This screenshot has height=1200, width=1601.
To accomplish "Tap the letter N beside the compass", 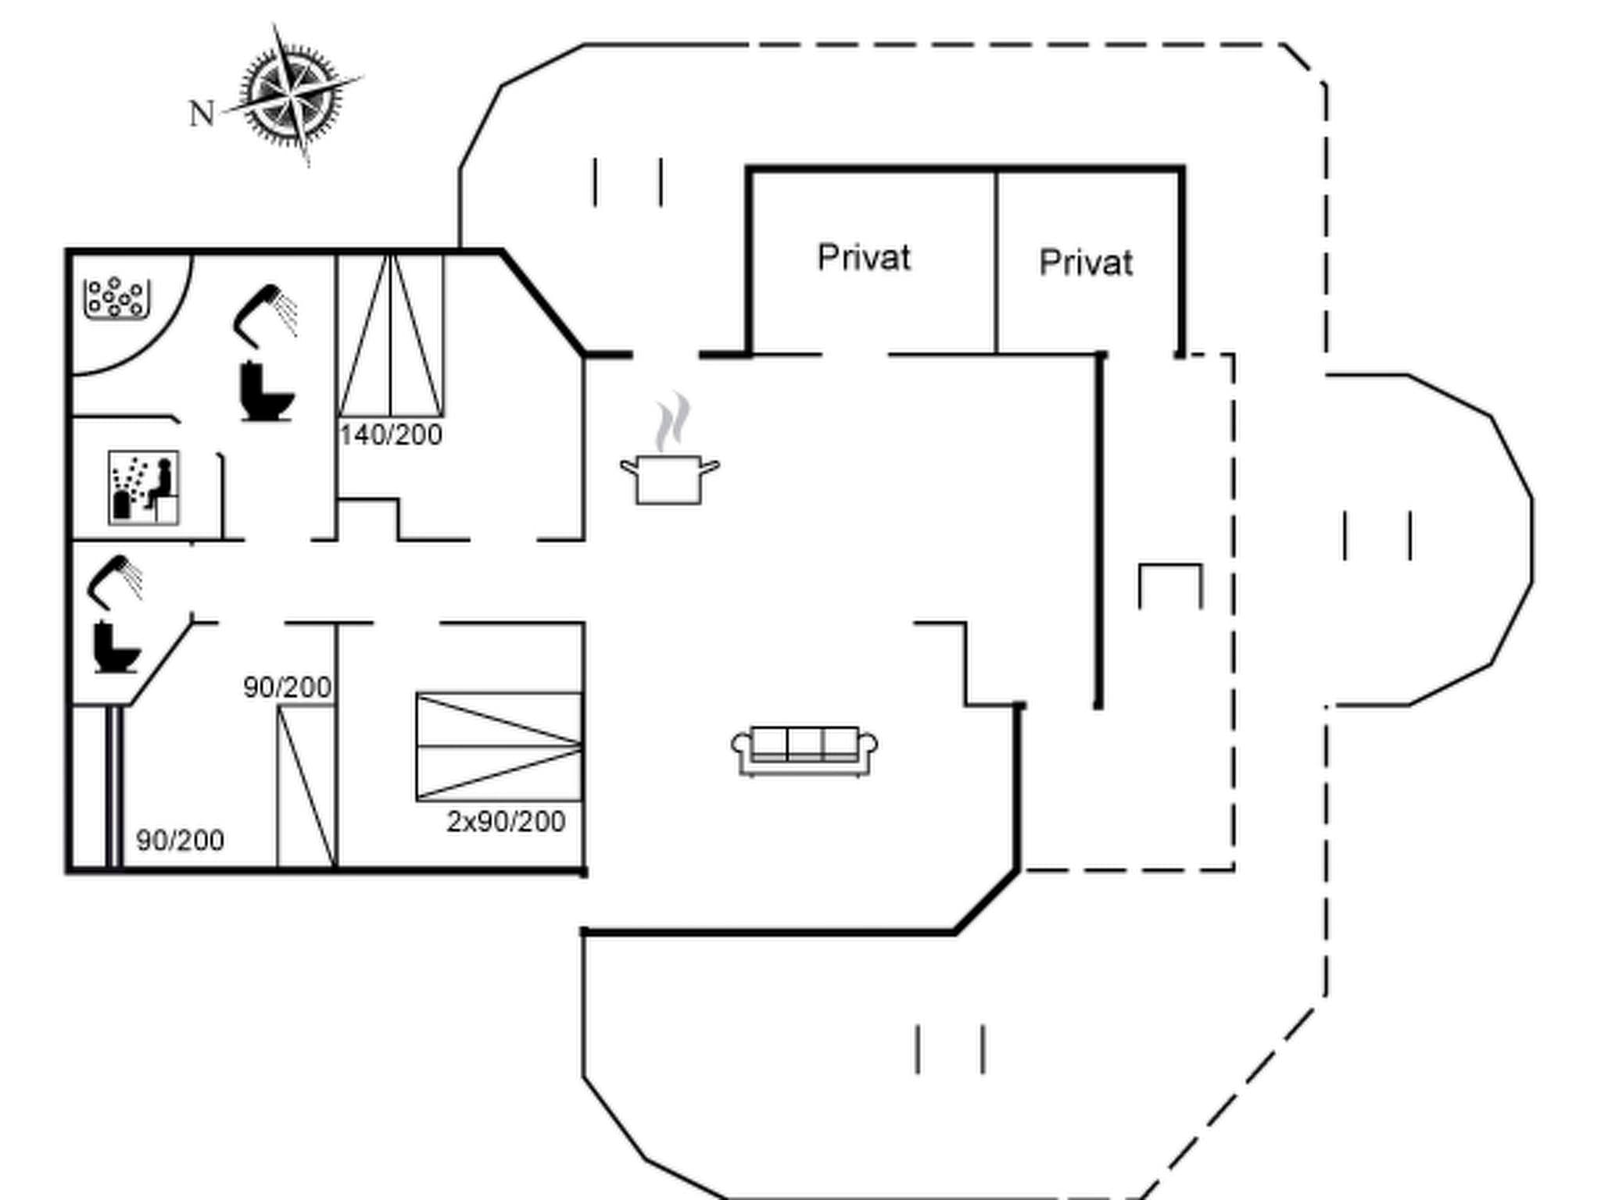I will (x=202, y=114).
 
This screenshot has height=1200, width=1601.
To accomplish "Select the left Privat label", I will (x=864, y=258).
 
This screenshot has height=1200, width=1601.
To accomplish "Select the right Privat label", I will (x=1086, y=262).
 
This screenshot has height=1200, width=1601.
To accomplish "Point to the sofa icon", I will (x=804, y=751).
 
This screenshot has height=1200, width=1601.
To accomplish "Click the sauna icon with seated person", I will (x=144, y=487).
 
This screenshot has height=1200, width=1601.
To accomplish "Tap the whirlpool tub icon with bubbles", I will (x=116, y=298).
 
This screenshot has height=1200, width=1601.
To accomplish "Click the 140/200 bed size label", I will (x=391, y=434).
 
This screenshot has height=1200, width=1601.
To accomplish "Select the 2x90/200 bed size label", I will (x=506, y=822).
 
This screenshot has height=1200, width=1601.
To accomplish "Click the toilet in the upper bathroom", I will (x=267, y=392).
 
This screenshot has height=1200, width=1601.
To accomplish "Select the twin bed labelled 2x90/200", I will (x=500, y=747).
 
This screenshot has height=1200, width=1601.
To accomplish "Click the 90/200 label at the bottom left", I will (x=180, y=841).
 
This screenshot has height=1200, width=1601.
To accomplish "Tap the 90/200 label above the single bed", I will (x=287, y=687).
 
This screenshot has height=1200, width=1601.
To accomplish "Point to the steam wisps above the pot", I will (x=673, y=422).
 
